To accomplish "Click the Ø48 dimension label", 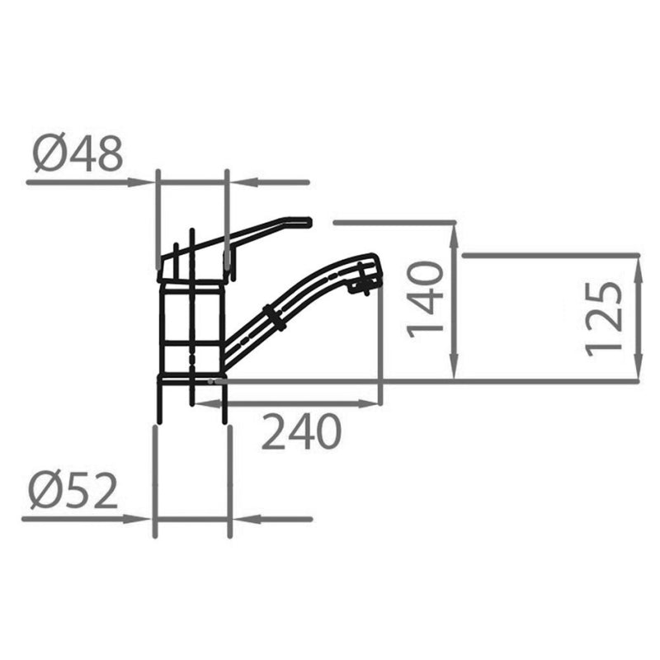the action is point(78,153).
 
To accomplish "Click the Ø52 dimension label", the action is point(73,491).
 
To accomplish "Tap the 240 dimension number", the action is point(301,431).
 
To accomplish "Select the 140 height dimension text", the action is point(425,299).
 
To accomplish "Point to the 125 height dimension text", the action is point(604,319).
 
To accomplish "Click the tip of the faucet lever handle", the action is point(309,222).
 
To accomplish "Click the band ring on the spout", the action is point(275,318).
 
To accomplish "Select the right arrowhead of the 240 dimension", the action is point(367,403).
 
